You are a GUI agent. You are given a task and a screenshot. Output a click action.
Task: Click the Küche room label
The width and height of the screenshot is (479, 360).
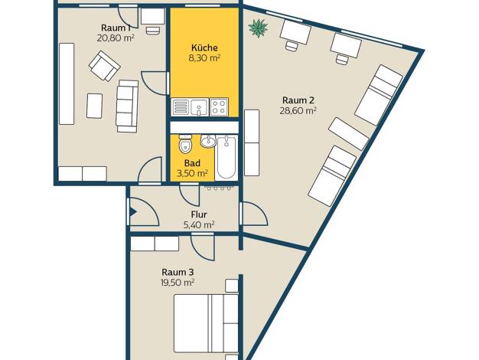(204, 47)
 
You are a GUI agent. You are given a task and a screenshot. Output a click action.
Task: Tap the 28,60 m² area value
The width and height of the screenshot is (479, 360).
(298, 110)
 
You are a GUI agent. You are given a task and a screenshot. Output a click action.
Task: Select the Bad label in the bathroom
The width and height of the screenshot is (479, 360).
(193, 163)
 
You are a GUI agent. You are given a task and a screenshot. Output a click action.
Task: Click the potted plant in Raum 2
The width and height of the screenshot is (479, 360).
(258, 28)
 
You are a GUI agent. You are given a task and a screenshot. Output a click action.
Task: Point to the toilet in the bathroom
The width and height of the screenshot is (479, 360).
(185, 144)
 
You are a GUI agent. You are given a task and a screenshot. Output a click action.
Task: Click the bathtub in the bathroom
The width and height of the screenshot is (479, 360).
(226, 158)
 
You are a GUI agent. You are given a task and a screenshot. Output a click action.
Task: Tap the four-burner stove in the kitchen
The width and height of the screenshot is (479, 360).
(219, 107)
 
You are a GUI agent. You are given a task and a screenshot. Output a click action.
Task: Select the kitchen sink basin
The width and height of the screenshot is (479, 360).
(199, 107)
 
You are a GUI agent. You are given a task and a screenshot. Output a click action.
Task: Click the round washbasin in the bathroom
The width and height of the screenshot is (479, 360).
(208, 141)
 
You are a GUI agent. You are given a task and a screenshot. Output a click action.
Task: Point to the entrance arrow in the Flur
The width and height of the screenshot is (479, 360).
(133, 212)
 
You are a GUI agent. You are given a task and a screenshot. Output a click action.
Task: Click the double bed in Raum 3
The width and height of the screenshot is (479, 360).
(206, 323)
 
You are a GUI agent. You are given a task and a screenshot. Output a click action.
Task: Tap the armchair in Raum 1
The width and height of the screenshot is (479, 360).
(104, 66)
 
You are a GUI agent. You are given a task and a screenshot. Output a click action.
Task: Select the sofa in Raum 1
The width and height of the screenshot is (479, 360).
(127, 106)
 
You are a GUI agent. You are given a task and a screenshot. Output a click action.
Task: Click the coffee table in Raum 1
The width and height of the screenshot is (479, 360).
(94, 106)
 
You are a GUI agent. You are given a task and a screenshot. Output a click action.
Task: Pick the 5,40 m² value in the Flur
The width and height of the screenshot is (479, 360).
(199, 225)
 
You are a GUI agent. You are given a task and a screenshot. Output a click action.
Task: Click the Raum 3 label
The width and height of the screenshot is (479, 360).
(178, 272)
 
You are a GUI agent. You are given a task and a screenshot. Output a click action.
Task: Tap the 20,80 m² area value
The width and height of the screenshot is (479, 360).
(116, 38)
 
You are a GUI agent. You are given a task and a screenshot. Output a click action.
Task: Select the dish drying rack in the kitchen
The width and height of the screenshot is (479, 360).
(181, 107)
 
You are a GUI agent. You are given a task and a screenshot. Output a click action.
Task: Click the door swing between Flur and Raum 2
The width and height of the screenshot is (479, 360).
(255, 214)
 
